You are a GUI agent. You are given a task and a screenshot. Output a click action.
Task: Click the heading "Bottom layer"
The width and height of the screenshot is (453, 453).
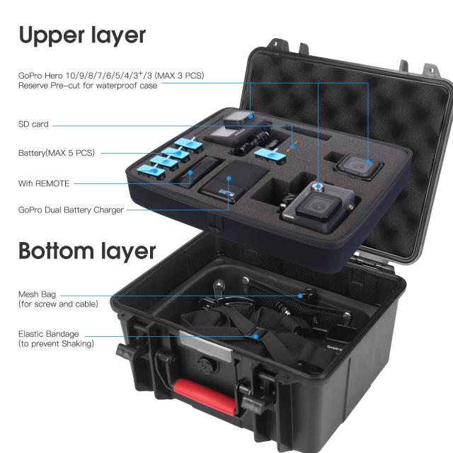[86, 251]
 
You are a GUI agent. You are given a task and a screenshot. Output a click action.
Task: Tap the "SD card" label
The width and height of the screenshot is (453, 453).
[33, 125]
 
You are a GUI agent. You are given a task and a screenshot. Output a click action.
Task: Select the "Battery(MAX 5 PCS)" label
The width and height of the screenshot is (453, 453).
[57, 153]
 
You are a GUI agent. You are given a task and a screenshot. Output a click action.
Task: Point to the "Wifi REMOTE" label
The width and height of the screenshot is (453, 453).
[44, 183]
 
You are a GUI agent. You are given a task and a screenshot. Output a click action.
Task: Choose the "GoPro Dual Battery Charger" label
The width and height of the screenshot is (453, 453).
[71, 210]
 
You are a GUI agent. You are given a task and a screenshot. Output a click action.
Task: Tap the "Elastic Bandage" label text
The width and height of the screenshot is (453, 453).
[49, 333]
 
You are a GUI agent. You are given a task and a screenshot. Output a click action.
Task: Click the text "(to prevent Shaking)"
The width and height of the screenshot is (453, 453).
[56, 344]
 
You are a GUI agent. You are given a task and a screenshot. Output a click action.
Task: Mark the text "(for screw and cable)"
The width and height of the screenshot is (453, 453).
[58, 304]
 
